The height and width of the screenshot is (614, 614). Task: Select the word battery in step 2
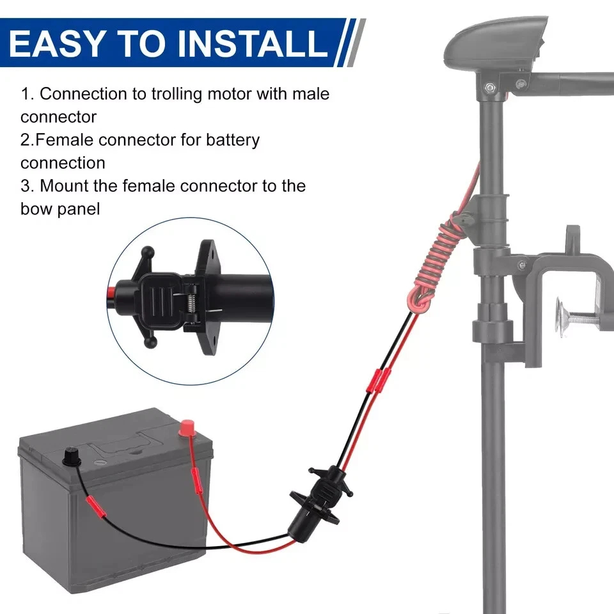[x=233, y=141]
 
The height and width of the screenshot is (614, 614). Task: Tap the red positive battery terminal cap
[x=185, y=428]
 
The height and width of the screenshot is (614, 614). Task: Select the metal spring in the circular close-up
[x=191, y=303]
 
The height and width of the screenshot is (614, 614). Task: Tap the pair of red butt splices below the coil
[x=378, y=381]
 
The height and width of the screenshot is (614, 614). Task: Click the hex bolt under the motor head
[x=489, y=86]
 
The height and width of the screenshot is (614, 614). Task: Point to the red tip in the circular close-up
[x=111, y=292]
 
